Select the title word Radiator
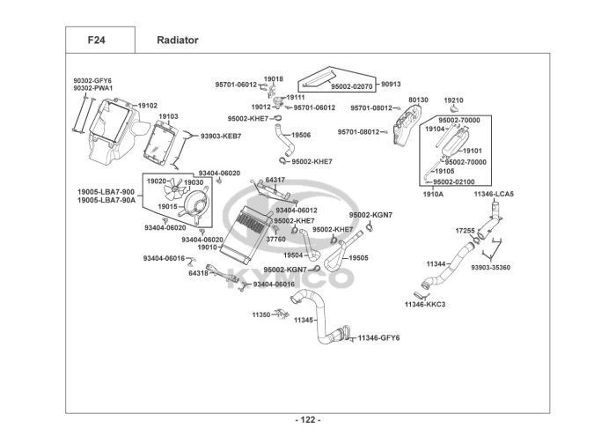pyautogui.click(x=177, y=40)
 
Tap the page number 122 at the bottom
pyautogui.click(x=307, y=419)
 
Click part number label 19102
pyautogui.click(x=146, y=106)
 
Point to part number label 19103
pyautogui.click(x=168, y=116)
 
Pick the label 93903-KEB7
pyautogui.click(x=220, y=137)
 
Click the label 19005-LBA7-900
pyautogui.click(x=106, y=191)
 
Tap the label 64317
pyautogui.click(x=275, y=180)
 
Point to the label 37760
pyautogui.click(x=275, y=239)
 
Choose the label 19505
pyautogui.click(x=358, y=258)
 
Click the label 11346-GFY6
pyautogui.click(x=378, y=337)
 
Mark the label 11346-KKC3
pyautogui.click(x=425, y=304)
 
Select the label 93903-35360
pyautogui.click(x=490, y=267)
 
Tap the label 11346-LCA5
pyautogui.click(x=494, y=194)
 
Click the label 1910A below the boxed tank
pyautogui.click(x=433, y=194)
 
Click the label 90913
pyautogui.click(x=391, y=85)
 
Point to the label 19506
pyautogui.click(x=301, y=135)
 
